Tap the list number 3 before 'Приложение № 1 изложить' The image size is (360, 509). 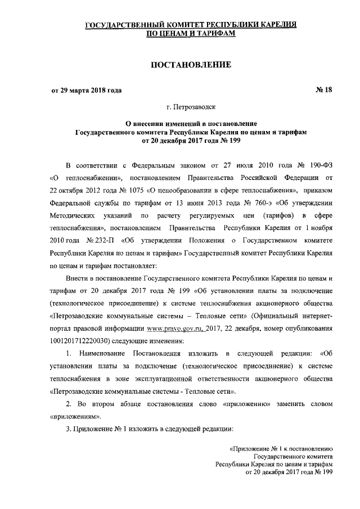coord(68,430)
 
